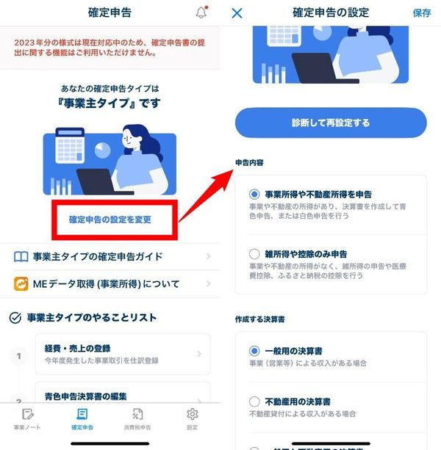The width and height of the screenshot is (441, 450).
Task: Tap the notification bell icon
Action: click(x=201, y=12)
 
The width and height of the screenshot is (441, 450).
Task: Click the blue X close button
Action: click(x=237, y=13)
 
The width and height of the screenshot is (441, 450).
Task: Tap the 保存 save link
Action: click(x=422, y=13)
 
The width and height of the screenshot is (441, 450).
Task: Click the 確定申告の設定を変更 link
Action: click(x=110, y=219)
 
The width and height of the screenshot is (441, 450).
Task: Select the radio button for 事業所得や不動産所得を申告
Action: click(x=254, y=195)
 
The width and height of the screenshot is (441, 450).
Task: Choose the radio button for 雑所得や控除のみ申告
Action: click(x=254, y=254)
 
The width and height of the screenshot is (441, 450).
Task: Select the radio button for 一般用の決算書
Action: click(x=254, y=351)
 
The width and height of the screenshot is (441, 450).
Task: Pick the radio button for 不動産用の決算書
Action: click(x=254, y=402)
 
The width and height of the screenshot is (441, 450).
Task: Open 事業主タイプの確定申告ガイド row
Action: click(x=112, y=256)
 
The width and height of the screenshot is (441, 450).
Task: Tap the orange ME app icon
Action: click(x=21, y=284)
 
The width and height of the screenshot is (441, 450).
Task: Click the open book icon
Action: click(x=21, y=257)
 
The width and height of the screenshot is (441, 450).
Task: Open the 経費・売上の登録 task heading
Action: click(x=78, y=349)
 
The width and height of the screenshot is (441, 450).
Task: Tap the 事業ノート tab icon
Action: click(x=28, y=414)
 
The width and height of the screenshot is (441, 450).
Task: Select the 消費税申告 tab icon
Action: click(x=137, y=414)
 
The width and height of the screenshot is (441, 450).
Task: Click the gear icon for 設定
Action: click(x=193, y=414)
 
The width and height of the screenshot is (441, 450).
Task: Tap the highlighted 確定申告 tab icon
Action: click(x=82, y=414)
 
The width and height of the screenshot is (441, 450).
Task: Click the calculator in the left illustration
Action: click(x=70, y=145)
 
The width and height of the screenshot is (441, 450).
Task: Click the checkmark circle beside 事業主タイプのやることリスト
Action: click(x=15, y=318)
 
